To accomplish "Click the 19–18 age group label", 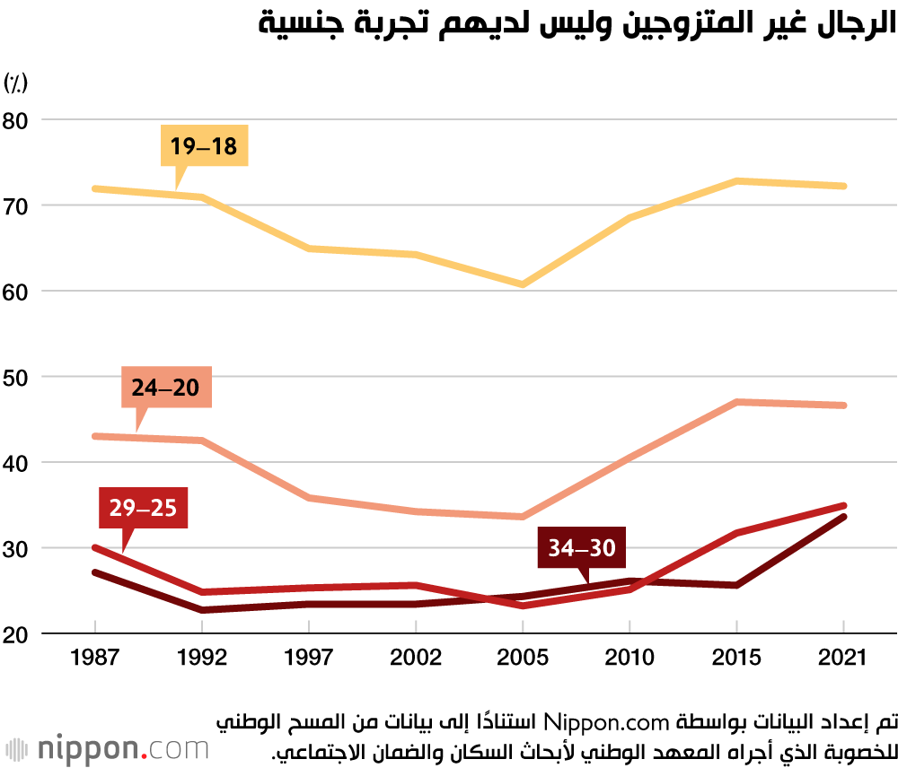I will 204,145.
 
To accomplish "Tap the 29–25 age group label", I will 144,508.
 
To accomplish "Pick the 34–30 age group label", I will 582,547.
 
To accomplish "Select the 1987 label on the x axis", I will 94,658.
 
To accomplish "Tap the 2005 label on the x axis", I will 523,658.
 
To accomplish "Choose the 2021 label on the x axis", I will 844,658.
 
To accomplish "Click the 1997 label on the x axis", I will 309,658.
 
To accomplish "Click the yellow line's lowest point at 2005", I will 523,284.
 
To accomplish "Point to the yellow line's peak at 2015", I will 736,181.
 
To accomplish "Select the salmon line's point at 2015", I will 736,402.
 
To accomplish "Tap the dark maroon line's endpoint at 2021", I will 844,517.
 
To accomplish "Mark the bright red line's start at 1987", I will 94,547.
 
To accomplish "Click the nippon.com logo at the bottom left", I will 108,748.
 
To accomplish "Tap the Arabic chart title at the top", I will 577,25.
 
